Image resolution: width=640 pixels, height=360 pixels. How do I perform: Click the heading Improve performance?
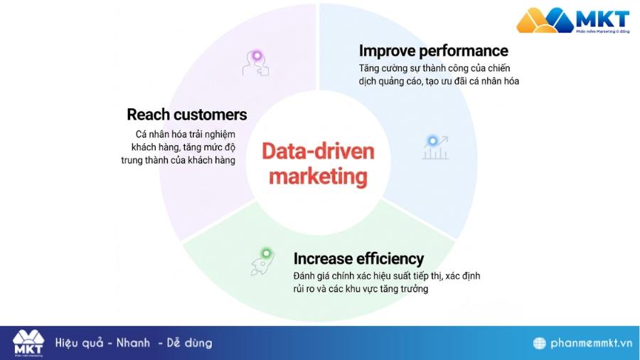click(x=433, y=51)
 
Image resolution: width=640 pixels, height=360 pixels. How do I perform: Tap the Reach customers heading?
click(x=187, y=115)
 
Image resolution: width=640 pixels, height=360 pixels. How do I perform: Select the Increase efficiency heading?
click(x=358, y=258)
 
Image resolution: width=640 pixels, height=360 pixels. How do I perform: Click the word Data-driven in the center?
click(x=318, y=151)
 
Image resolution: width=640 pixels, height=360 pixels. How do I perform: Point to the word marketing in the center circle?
click(x=318, y=175)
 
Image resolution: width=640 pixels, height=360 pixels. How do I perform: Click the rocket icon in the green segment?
click(x=262, y=262)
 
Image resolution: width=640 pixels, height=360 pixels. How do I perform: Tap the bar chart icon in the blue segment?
click(x=434, y=147)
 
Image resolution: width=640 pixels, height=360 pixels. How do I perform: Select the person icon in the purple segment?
click(x=255, y=63)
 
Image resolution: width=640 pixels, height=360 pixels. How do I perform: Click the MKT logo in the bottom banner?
click(x=28, y=342)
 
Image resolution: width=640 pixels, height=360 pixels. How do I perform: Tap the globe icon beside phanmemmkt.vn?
click(x=539, y=343)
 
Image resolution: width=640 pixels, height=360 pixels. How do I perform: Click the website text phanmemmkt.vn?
click(x=591, y=343)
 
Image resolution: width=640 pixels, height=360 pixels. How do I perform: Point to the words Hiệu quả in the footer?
click(x=80, y=343)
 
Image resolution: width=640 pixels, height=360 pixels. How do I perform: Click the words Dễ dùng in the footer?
click(x=189, y=343)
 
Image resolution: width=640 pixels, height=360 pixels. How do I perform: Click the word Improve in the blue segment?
click(x=388, y=51)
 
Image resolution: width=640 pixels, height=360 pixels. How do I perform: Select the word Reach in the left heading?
click(x=146, y=115)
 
